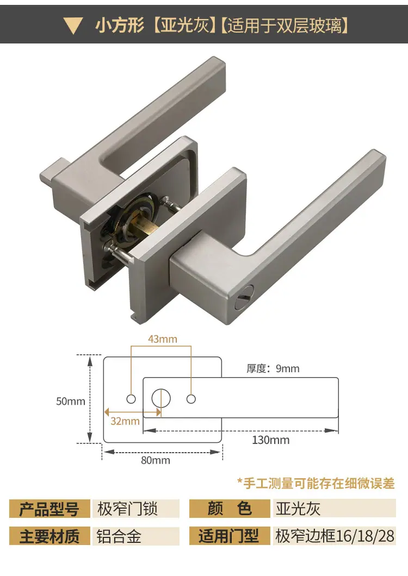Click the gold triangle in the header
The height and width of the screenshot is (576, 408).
[x=73, y=26]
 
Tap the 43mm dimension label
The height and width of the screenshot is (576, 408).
[x=163, y=339]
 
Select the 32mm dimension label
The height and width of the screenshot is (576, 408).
[x=125, y=421]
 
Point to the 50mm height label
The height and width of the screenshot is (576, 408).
[x=71, y=401]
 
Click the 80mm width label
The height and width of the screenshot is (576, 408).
[x=156, y=460]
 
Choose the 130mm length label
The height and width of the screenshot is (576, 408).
[x=271, y=440]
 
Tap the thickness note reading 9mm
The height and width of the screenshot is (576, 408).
[x=273, y=368]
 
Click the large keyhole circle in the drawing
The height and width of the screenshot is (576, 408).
[x=161, y=398]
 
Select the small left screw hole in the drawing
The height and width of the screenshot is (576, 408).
[x=131, y=399]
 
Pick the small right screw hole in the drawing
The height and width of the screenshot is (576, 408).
[x=191, y=399]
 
